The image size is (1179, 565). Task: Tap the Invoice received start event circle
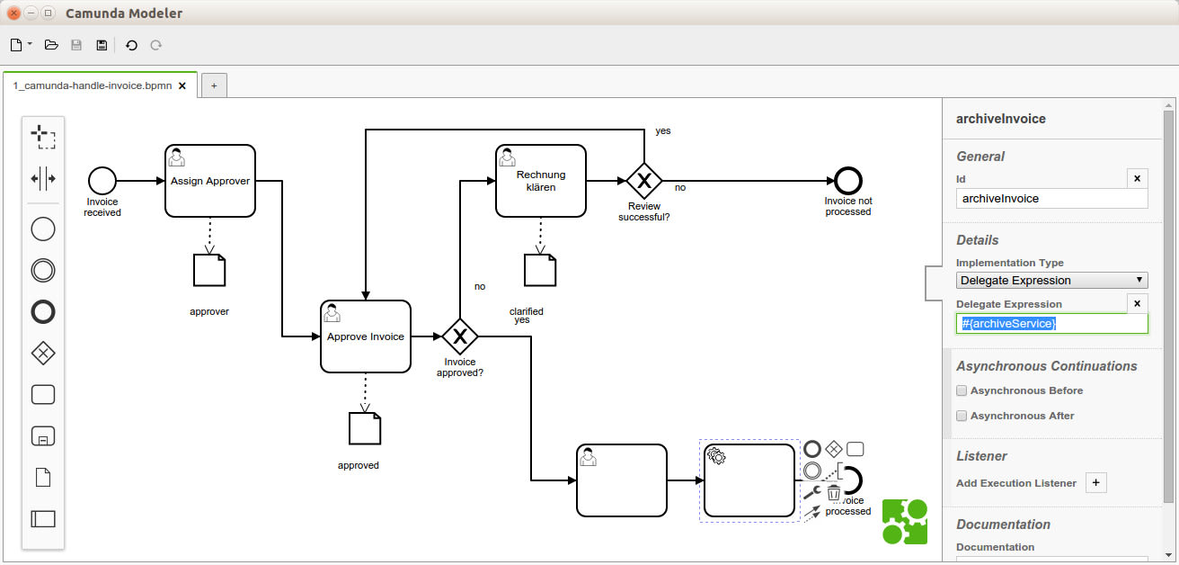[x=102, y=181]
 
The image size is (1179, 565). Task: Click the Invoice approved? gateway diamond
[x=460, y=336]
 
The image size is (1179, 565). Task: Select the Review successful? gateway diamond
[x=643, y=181]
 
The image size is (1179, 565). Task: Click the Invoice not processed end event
[x=847, y=181]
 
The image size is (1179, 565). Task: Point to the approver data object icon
[x=209, y=270]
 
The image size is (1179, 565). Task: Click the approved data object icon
[x=365, y=428]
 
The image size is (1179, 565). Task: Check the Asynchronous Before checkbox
[x=962, y=390]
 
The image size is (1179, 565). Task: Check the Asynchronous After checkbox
[x=962, y=416]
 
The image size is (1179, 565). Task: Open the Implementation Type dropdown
[x=1051, y=281]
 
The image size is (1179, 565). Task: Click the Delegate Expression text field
[x=1051, y=323]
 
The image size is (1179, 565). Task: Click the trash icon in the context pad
[x=834, y=493]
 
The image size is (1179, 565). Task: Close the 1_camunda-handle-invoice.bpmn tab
[x=182, y=86]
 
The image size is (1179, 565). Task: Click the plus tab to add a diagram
[x=214, y=86]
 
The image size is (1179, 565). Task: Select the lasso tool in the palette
[x=43, y=137]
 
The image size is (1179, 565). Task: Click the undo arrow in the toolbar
[x=131, y=45]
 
